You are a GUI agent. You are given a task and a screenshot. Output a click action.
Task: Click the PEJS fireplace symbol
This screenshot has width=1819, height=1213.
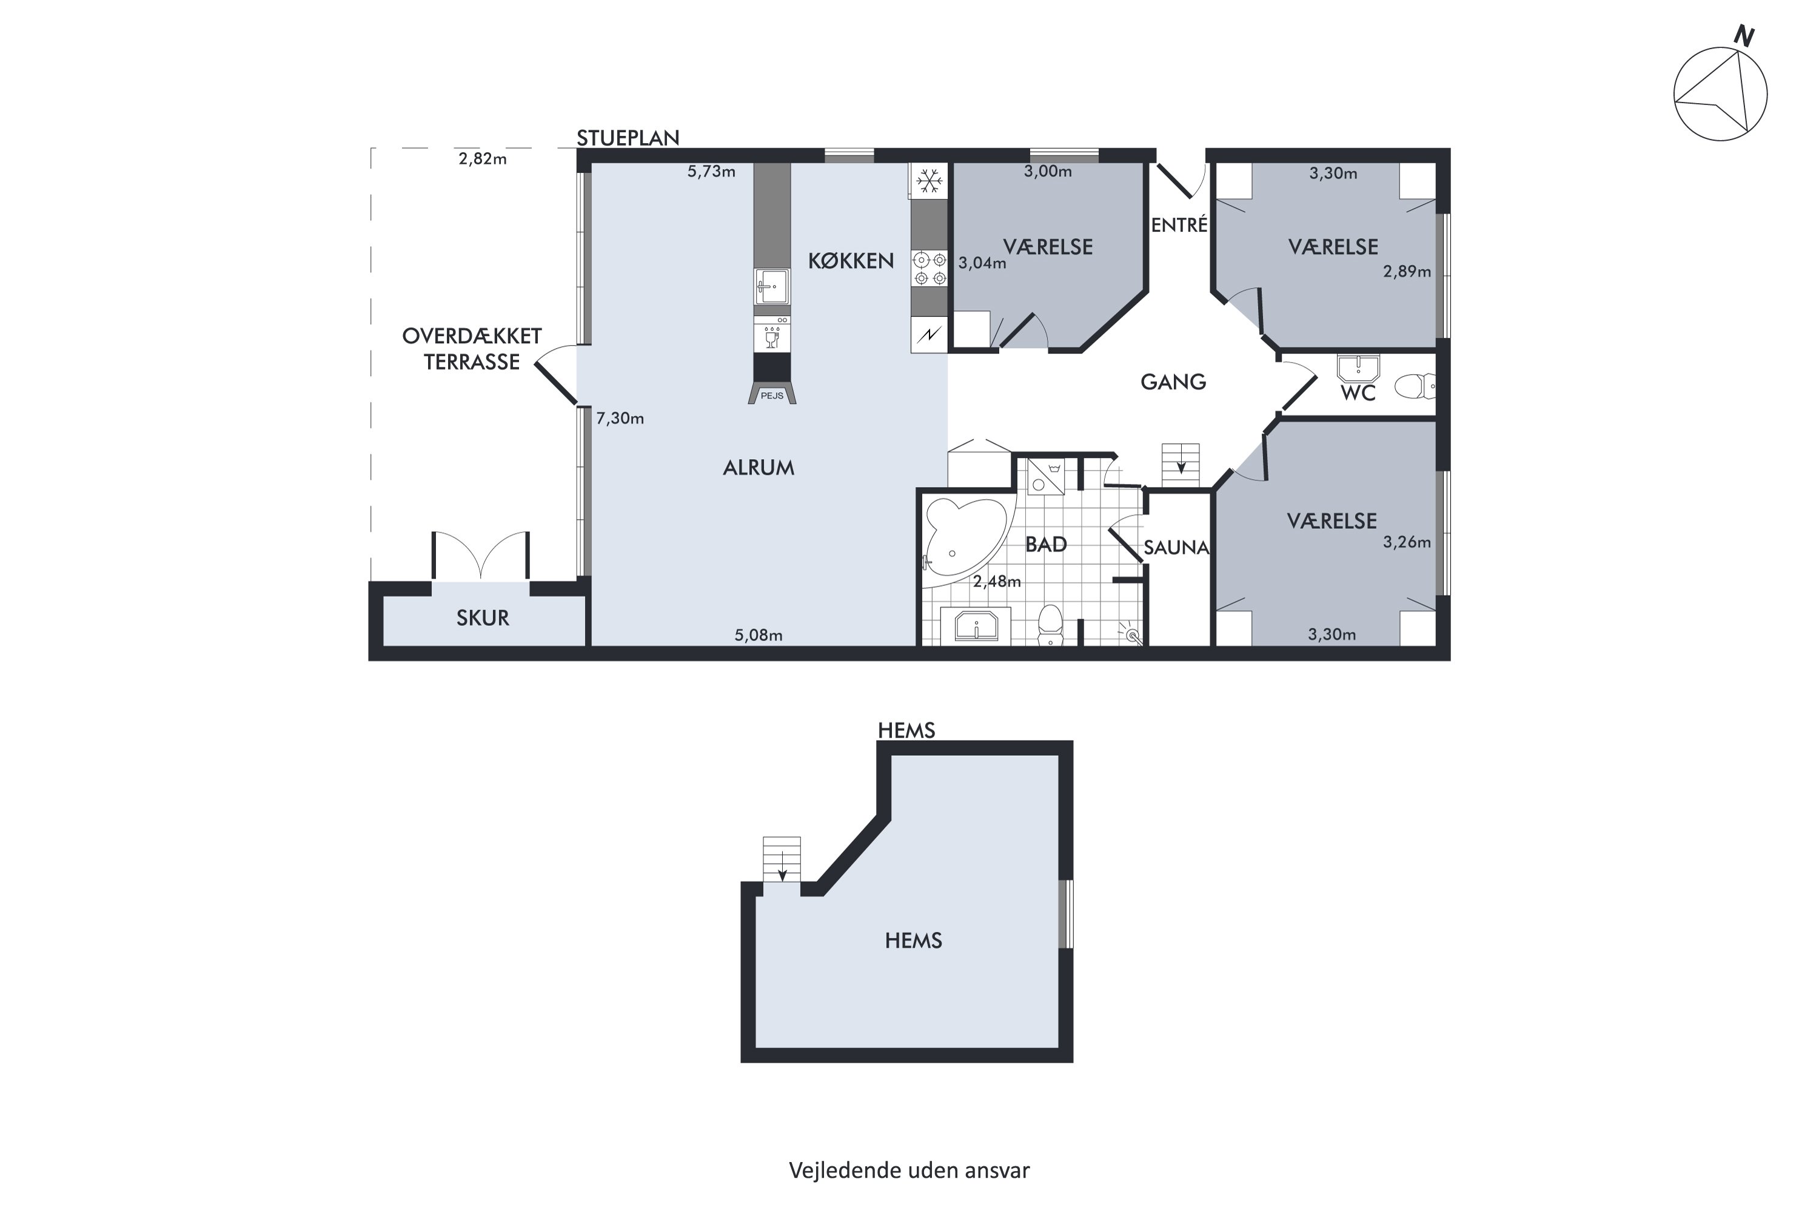point(772,394)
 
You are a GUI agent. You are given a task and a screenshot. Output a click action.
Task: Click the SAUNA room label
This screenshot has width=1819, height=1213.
point(1176,547)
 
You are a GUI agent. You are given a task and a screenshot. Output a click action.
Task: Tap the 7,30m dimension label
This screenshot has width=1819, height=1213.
point(620,418)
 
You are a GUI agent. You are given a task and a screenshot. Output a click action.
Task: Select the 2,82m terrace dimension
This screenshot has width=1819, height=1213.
point(483,158)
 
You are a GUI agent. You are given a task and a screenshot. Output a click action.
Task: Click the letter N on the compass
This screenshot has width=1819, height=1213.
point(1743,36)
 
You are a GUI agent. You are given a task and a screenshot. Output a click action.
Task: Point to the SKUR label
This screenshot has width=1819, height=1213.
point(483,618)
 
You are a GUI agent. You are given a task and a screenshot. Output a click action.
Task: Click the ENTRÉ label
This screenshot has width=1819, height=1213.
point(1179,224)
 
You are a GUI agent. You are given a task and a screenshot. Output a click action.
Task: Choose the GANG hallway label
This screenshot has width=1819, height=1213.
point(1173,381)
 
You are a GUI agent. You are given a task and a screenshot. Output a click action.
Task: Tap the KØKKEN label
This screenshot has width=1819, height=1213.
point(851,261)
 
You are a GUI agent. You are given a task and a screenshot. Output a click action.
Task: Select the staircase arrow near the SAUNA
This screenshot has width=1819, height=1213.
point(1181,466)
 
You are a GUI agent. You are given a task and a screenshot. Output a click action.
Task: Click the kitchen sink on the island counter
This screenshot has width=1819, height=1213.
point(772,286)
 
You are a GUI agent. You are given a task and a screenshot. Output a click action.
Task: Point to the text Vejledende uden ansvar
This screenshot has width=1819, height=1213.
point(909,1171)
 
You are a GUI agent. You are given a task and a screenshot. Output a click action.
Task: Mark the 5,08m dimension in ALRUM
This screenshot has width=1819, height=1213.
point(758,635)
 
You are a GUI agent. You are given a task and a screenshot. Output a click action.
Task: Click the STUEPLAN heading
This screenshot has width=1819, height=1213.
point(628,138)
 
